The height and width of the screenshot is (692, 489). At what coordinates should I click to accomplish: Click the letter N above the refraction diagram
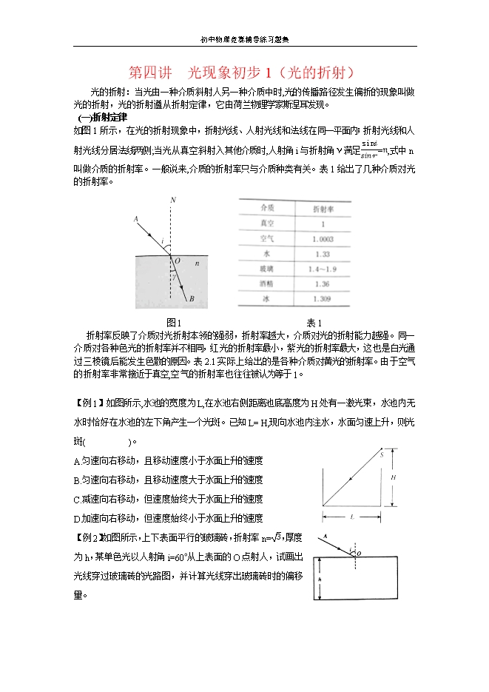[172, 201]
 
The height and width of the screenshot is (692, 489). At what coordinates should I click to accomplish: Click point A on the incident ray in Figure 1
[136, 219]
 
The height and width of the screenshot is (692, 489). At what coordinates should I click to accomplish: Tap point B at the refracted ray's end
[192, 300]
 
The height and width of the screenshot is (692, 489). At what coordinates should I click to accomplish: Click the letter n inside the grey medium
[197, 263]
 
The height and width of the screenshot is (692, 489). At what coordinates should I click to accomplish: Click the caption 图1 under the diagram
[174, 322]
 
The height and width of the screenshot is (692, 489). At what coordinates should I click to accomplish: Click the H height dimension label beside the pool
[394, 477]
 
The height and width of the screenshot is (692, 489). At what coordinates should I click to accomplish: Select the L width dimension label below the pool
[352, 516]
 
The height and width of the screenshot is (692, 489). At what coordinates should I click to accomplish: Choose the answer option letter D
[78, 518]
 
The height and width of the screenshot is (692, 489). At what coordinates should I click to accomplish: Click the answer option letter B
[78, 480]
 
